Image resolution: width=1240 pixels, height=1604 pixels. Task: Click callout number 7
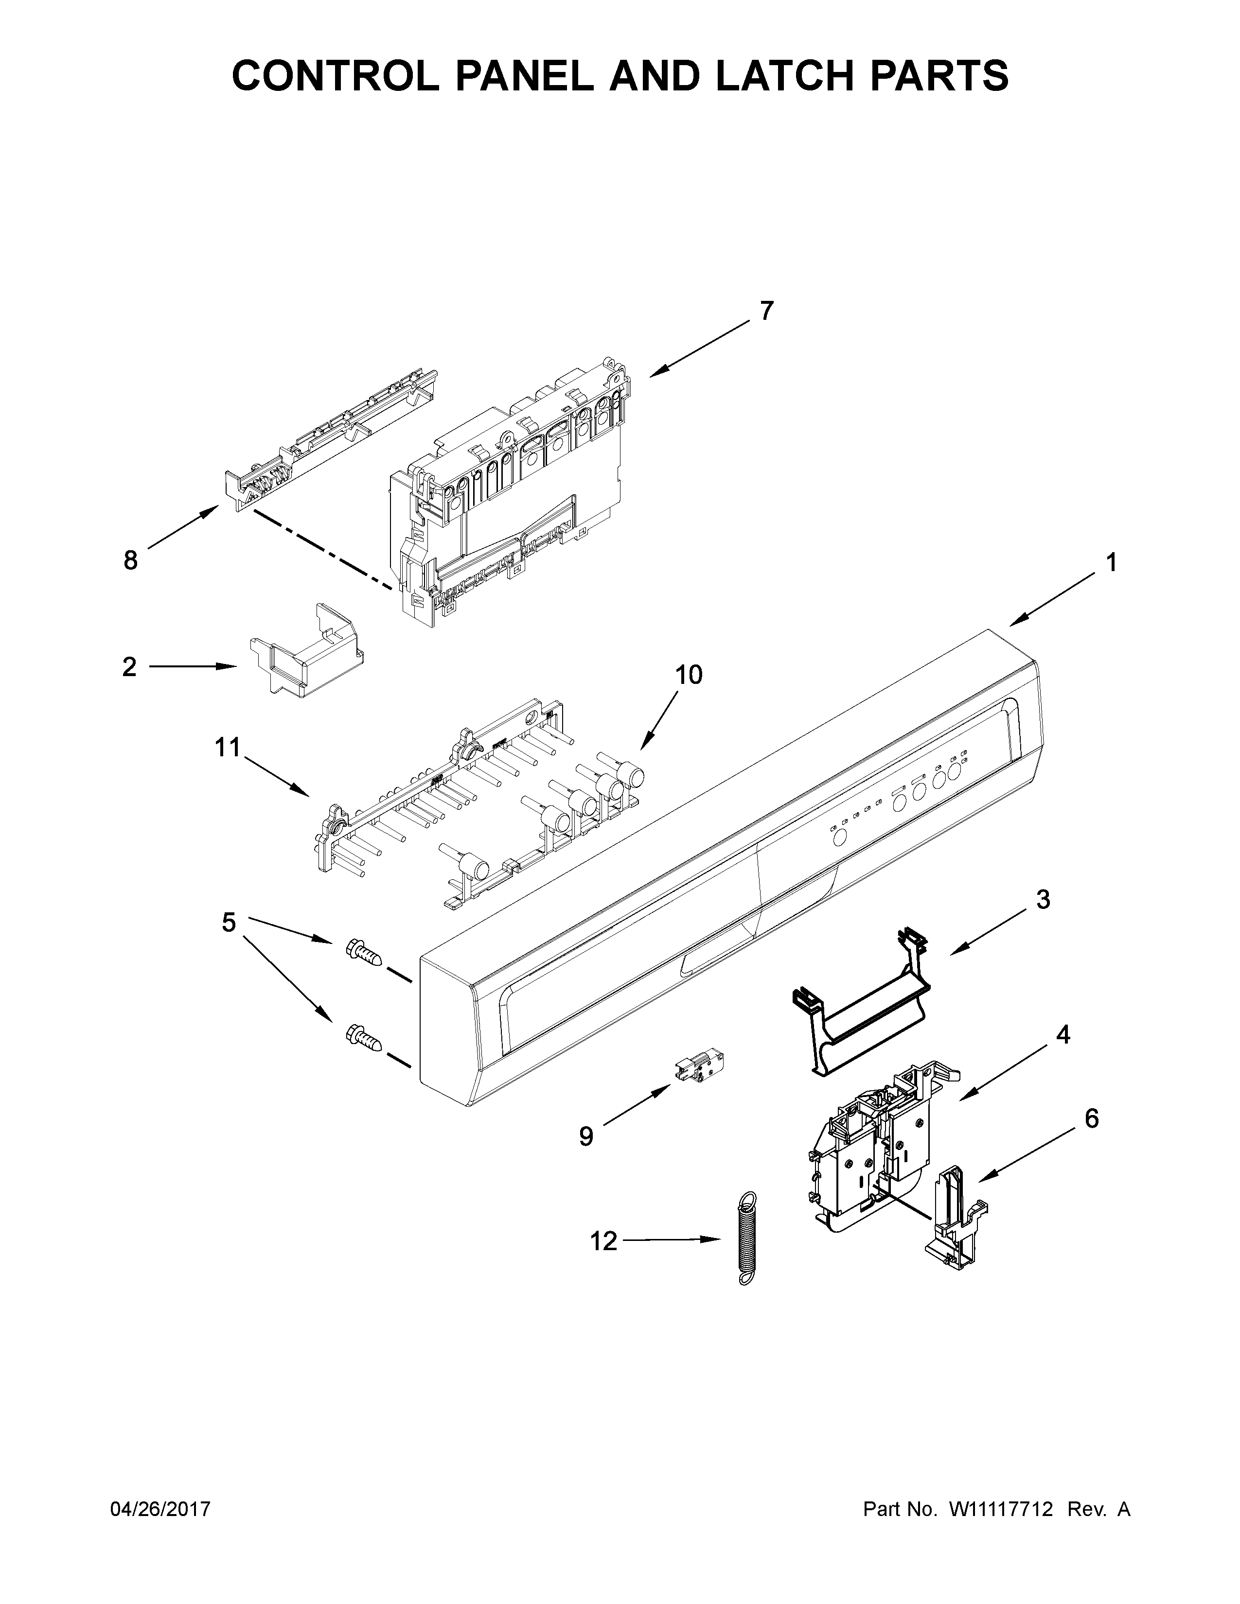click(x=766, y=312)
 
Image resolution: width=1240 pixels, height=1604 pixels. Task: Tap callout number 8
click(x=130, y=561)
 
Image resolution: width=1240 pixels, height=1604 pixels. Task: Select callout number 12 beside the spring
click(x=604, y=1241)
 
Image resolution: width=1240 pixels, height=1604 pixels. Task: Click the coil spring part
click(x=746, y=1238)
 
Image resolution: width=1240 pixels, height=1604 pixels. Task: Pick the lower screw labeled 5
click(x=363, y=1038)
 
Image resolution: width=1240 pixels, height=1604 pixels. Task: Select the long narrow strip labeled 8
click(x=331, y=441)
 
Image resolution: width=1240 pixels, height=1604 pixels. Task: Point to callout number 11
click(x=228, y=749)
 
